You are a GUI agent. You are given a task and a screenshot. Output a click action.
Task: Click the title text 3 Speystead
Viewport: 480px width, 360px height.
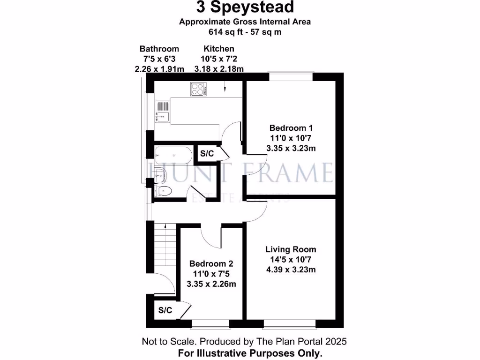pyautogui.click(x=245, y=7)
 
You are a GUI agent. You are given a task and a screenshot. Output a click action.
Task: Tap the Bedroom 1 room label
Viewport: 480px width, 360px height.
pyautogui.click(x=291, y=127)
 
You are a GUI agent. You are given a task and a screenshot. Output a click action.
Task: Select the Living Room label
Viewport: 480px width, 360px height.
pyautogui.click(x=291, y=249)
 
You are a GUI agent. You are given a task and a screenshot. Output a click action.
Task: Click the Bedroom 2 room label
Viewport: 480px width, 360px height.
pyautogui.click(x=211, y=264)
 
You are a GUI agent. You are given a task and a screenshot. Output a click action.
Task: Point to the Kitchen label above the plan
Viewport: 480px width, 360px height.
pyautogui.click(x=219, y=49)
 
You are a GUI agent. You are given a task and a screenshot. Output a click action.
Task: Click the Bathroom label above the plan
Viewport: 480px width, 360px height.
pyautogui.click(x=159, y=49)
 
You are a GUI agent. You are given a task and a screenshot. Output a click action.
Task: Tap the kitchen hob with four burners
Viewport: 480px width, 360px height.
pyautogui.click(x=199, y=90)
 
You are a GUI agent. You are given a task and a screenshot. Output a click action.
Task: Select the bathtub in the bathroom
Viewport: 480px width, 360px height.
pyautogui.click(x=172, y=153)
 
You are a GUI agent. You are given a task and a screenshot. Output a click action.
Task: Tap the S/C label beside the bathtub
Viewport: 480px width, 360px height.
pyautogui.click(x=207, y=153)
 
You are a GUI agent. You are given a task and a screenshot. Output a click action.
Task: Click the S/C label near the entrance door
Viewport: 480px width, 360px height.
pyautogui.click(x=165, y=310)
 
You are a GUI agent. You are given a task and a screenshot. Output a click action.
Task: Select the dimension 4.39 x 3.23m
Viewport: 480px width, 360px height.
pyautogui.click(x=291, y=270)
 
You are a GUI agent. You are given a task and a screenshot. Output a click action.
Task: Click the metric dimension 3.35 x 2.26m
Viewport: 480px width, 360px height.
pyautogui.click(x=211, y=284)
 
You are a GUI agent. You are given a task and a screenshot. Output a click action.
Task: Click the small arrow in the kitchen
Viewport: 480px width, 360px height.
pyautogui.click(x=225, y=87)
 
